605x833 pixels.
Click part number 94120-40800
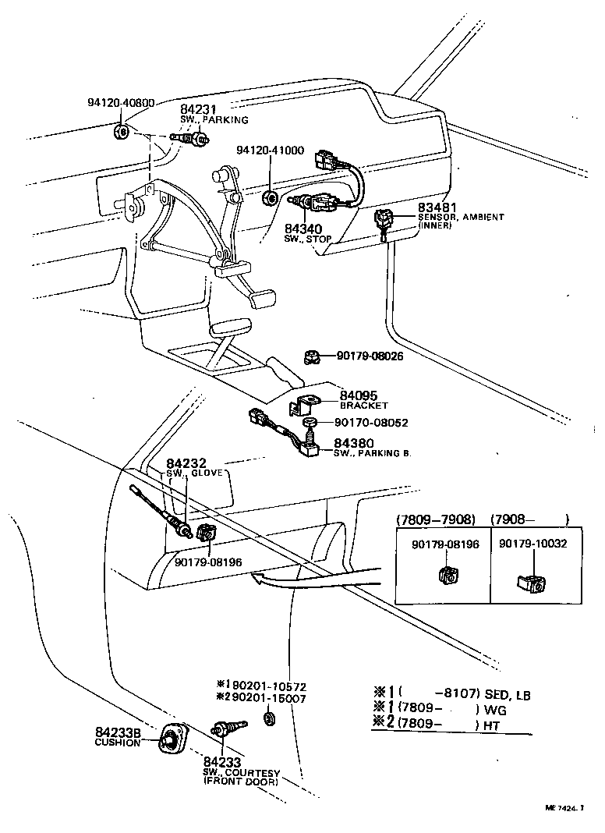[121, 102]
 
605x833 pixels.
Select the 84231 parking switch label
[198, 110]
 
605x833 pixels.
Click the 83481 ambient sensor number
[438, 207]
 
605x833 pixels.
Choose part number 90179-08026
[370, 356]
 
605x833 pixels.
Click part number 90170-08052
[370, 423]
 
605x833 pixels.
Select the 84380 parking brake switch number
[352, 442]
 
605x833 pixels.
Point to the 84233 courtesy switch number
[222, 762]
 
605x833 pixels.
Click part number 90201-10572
[261, 686]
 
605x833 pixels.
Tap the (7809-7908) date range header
[435, 519]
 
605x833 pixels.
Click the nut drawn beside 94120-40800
[121, 130]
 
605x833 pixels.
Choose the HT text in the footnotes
[492, 725]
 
